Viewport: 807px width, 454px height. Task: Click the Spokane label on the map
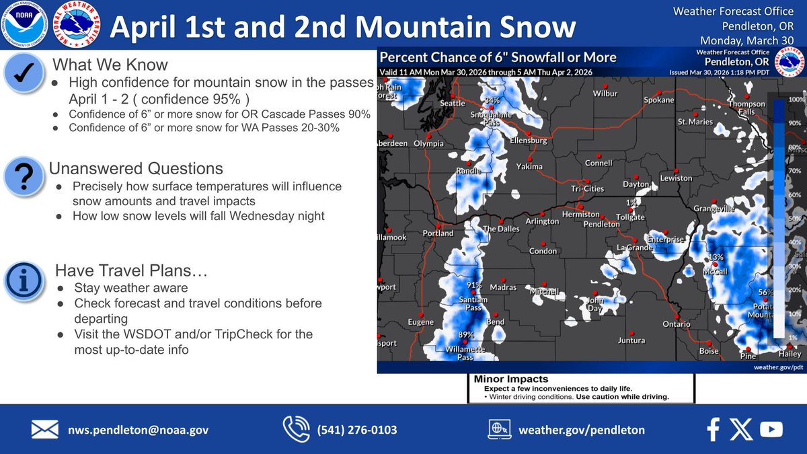click(x=658, y=100)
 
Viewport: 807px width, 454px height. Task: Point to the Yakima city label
click(x=529, y=166)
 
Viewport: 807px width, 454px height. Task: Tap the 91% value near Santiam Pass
click(x=475, y=285)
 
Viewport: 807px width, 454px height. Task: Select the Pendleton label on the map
click(x=601, y=224)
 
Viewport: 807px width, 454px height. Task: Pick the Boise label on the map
click(x=708, y=351)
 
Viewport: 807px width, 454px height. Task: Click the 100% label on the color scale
click(x=796, y=100)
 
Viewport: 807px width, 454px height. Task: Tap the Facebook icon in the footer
click(x=714, y=429)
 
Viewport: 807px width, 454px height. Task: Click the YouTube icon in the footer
click(x=771, y=429)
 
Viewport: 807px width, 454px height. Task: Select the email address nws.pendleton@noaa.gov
click(x=139, y=430)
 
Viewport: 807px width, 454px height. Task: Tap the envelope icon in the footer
click(x=45, y=429)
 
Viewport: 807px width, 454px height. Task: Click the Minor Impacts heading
click(x=511, y=379)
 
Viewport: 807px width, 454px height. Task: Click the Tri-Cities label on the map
click(x=588, y=189)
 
